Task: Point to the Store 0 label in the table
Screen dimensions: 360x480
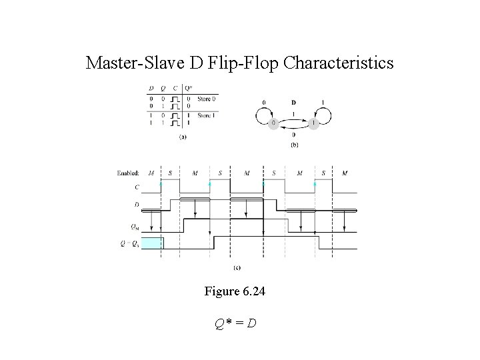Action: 204,99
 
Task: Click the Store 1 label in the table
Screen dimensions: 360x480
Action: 204,116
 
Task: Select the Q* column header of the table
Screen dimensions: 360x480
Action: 189,87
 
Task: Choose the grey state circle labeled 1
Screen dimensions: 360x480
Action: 314,123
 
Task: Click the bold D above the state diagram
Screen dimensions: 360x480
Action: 294,103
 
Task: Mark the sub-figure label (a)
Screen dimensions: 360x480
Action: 182,137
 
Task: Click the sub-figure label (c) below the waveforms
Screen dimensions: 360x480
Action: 237,268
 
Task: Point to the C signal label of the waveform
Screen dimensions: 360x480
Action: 137,187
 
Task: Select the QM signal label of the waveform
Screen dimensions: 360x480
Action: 135,227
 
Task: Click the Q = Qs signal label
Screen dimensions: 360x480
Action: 132,243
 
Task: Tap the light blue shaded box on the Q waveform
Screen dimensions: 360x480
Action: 153,243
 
